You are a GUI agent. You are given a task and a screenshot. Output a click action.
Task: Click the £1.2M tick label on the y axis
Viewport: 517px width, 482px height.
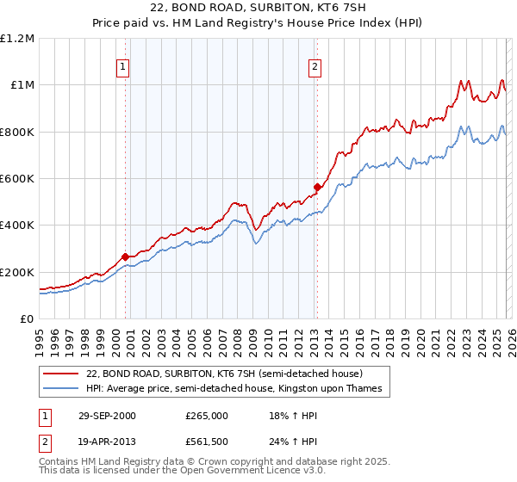coord(17,39)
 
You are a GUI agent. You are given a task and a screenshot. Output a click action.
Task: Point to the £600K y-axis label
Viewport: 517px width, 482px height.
coord(17,179)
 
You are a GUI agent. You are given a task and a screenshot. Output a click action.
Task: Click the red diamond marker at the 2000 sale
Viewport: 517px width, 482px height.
coord(126,256)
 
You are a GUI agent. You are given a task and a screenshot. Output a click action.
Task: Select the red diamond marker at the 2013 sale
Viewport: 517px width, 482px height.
coord(316,187)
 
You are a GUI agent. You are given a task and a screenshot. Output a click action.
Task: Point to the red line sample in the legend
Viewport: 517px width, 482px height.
coord(61,374)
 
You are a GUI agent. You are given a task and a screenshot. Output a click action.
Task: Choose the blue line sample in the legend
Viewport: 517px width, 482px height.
coord(61,389)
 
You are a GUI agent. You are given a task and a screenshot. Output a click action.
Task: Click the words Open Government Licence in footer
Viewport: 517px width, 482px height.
coord(232,472)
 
